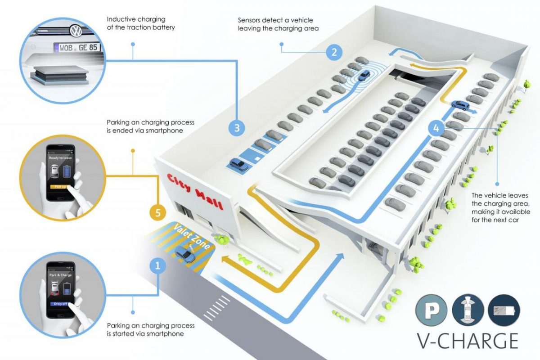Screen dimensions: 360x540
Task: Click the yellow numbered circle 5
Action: tap(157, 212)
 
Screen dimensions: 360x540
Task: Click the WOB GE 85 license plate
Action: tap(77, 47)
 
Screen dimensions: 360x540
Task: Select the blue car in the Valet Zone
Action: tap(184, 255)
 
